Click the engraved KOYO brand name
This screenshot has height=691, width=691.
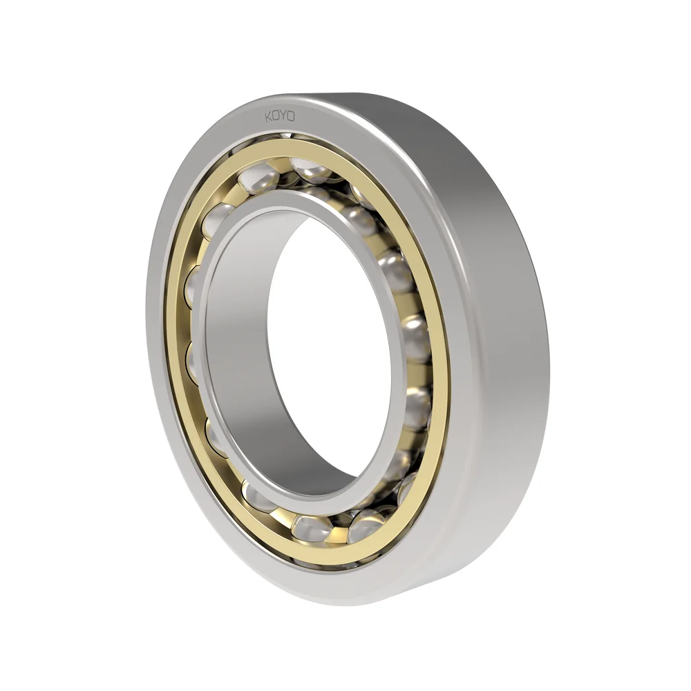[280, 116]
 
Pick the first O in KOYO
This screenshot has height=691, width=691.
[276, 116]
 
